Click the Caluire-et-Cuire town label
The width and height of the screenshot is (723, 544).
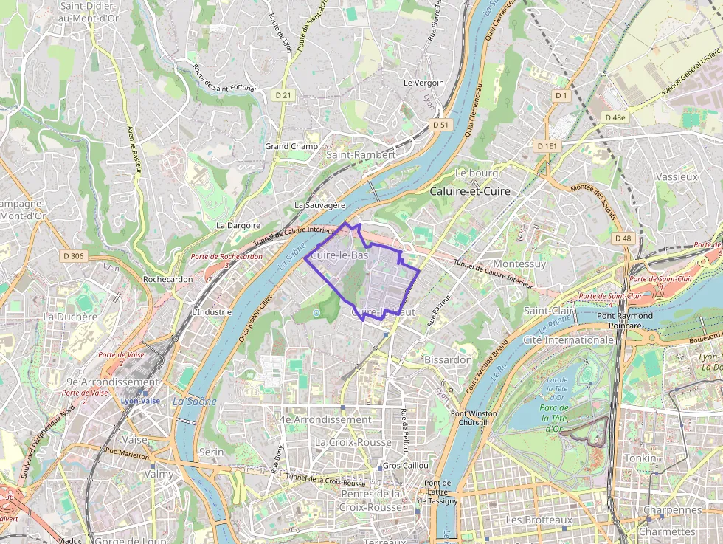[x=469, y=191]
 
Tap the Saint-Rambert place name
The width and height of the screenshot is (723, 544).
[x=361, y=155]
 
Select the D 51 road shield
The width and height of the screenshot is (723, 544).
[x=440, y=125]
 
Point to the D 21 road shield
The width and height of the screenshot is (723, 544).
[x=283, y=95]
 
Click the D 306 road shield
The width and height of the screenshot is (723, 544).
[x=75, y=256]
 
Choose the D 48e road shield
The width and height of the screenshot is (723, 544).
[x=614, y=117]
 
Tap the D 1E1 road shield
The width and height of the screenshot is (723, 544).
[x=548, y=146]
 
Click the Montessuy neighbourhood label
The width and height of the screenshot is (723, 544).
[x=519, y=264]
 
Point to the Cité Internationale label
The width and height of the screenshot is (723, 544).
[x=568, y=340]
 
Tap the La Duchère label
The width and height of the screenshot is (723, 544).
[x=70, y=317]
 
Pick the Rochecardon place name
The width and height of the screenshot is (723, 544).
[x=167, y=280]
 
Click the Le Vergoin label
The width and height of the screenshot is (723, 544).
[x=423, y=83]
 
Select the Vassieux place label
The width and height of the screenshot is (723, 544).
[x=676, y=177]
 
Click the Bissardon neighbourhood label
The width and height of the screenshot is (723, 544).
[x=448, y=359]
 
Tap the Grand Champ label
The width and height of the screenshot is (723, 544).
[x=291, y=146]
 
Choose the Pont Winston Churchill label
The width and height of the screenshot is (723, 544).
[x=474, y=418]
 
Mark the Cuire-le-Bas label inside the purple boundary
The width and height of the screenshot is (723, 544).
[x=339, y=255]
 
